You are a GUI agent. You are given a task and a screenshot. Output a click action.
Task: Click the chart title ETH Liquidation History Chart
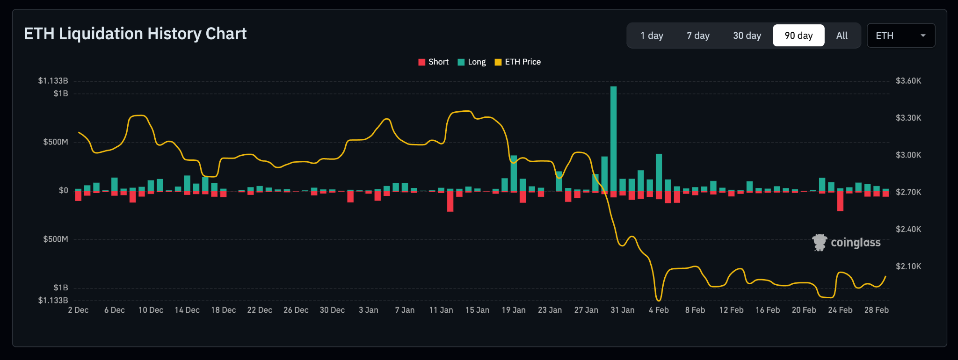click(135, 34)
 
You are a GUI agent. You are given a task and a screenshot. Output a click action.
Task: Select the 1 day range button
click(652, 36)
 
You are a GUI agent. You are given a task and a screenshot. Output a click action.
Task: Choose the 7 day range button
click(698, 36)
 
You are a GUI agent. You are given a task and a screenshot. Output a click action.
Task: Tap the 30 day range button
click(747, 36)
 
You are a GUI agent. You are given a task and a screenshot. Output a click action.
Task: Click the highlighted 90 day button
click(798, 36)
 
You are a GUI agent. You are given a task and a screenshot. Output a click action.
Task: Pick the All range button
click(842, 36)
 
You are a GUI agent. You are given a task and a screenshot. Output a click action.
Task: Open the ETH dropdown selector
click(900, 36)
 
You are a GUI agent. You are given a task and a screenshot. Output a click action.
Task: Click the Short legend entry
click(433, 62)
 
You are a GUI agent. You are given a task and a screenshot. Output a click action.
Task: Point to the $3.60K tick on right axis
click(908, 81)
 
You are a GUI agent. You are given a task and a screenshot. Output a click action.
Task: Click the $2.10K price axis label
click(908, 266)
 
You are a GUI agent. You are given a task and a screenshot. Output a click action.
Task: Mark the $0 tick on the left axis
click(63, 191)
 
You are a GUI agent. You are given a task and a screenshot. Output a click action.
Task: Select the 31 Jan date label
click(622, 310)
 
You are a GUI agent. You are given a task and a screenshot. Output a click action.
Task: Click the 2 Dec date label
click(78, 310)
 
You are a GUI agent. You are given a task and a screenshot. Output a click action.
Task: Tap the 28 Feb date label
click(876, 310)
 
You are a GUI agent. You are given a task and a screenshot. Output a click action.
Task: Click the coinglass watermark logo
click(846, 243)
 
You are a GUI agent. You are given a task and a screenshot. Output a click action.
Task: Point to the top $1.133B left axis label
click(53, 81)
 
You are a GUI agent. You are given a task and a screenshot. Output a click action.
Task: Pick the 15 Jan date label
click(477, 310)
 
